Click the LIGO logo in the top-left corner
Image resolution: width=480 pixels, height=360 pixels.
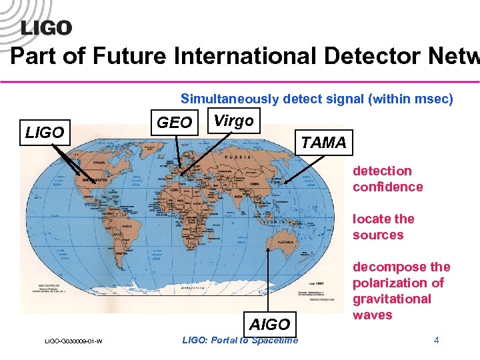46,27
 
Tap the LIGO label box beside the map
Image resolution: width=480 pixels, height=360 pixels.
45,133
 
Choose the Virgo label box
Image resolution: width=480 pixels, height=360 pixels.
233,121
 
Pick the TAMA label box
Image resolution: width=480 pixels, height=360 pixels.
323,142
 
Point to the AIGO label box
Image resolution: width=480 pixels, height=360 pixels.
269,324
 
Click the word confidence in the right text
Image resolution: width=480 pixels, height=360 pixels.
388,187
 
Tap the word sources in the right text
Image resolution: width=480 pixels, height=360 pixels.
378,235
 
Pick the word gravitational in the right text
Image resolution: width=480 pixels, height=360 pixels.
392,299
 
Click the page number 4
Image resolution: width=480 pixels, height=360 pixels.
436,341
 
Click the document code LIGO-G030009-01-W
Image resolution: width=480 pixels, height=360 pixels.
74,342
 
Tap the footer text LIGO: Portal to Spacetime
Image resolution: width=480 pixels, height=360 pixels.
240,341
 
